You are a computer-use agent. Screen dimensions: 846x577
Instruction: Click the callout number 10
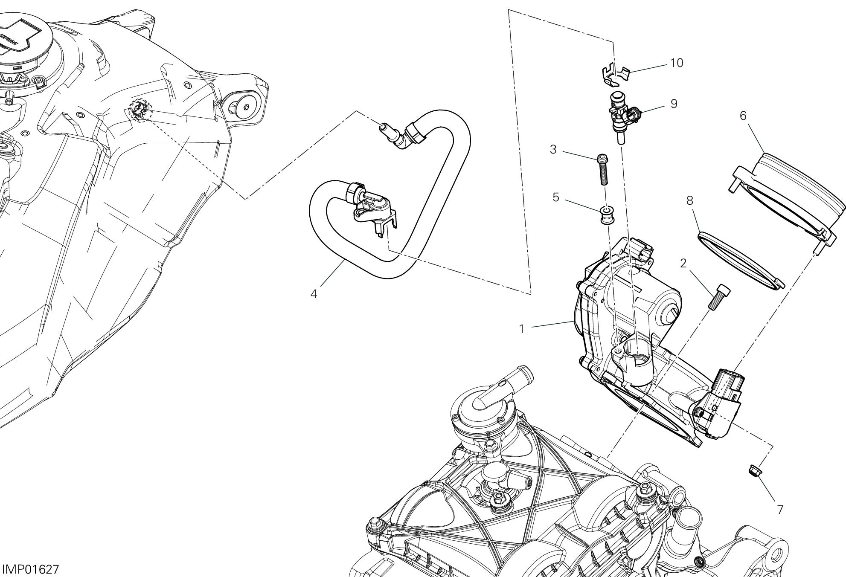tap(677, 63)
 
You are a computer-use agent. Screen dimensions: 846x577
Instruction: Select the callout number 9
tap(674, 104)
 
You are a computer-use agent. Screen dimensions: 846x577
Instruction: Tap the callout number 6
tap(743, 116)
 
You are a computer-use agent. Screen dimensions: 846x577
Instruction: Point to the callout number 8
tap(689, 200)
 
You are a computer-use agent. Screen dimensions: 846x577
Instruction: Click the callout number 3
tap(553, 150)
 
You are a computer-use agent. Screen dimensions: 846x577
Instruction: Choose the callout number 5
tap(555, 197)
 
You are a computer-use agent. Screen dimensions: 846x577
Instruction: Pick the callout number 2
tap(683, 263)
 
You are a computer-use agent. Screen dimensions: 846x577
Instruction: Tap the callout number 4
tap(314, 294)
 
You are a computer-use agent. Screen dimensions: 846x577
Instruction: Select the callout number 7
tap(780, 510)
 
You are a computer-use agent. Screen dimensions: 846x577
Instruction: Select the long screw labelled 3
tap(603, 169)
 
